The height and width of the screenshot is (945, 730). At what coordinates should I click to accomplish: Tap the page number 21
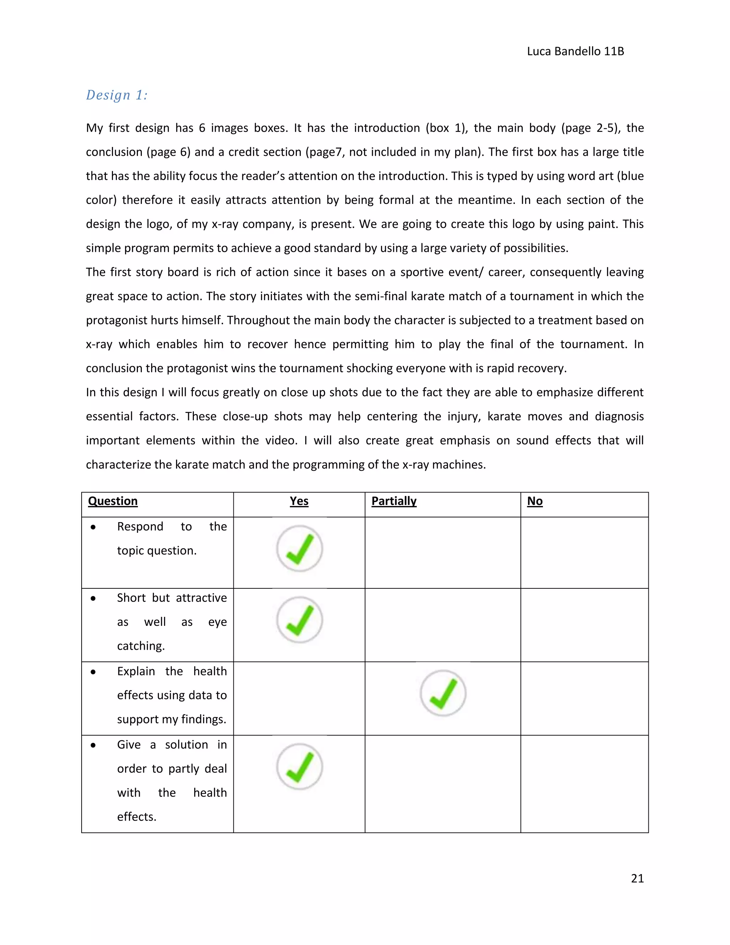click(637, 878)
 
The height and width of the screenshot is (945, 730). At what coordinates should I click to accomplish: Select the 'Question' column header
click(113, 501)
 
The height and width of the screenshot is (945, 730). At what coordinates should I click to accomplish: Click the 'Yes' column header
click(299, 501)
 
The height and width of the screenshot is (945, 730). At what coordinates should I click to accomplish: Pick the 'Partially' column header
click(394, 501)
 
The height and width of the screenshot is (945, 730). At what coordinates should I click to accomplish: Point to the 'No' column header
click(535, 501)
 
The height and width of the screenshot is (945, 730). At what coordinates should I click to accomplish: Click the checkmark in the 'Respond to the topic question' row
click(299, 549)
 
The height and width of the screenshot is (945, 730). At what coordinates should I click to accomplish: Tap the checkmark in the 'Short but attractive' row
click(299, 620)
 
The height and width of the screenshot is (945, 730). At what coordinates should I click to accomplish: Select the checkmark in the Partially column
click(443, 693)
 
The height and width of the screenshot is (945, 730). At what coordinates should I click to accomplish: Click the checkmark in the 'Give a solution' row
click(299, 767)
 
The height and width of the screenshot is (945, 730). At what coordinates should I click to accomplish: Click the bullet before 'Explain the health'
click(93, 672)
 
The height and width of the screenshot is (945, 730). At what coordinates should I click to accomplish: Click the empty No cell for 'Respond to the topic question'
click(584, 552)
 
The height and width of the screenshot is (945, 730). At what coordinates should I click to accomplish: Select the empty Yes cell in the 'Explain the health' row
click(299, 698)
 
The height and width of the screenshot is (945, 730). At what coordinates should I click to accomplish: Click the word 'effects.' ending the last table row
click(137, 817)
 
